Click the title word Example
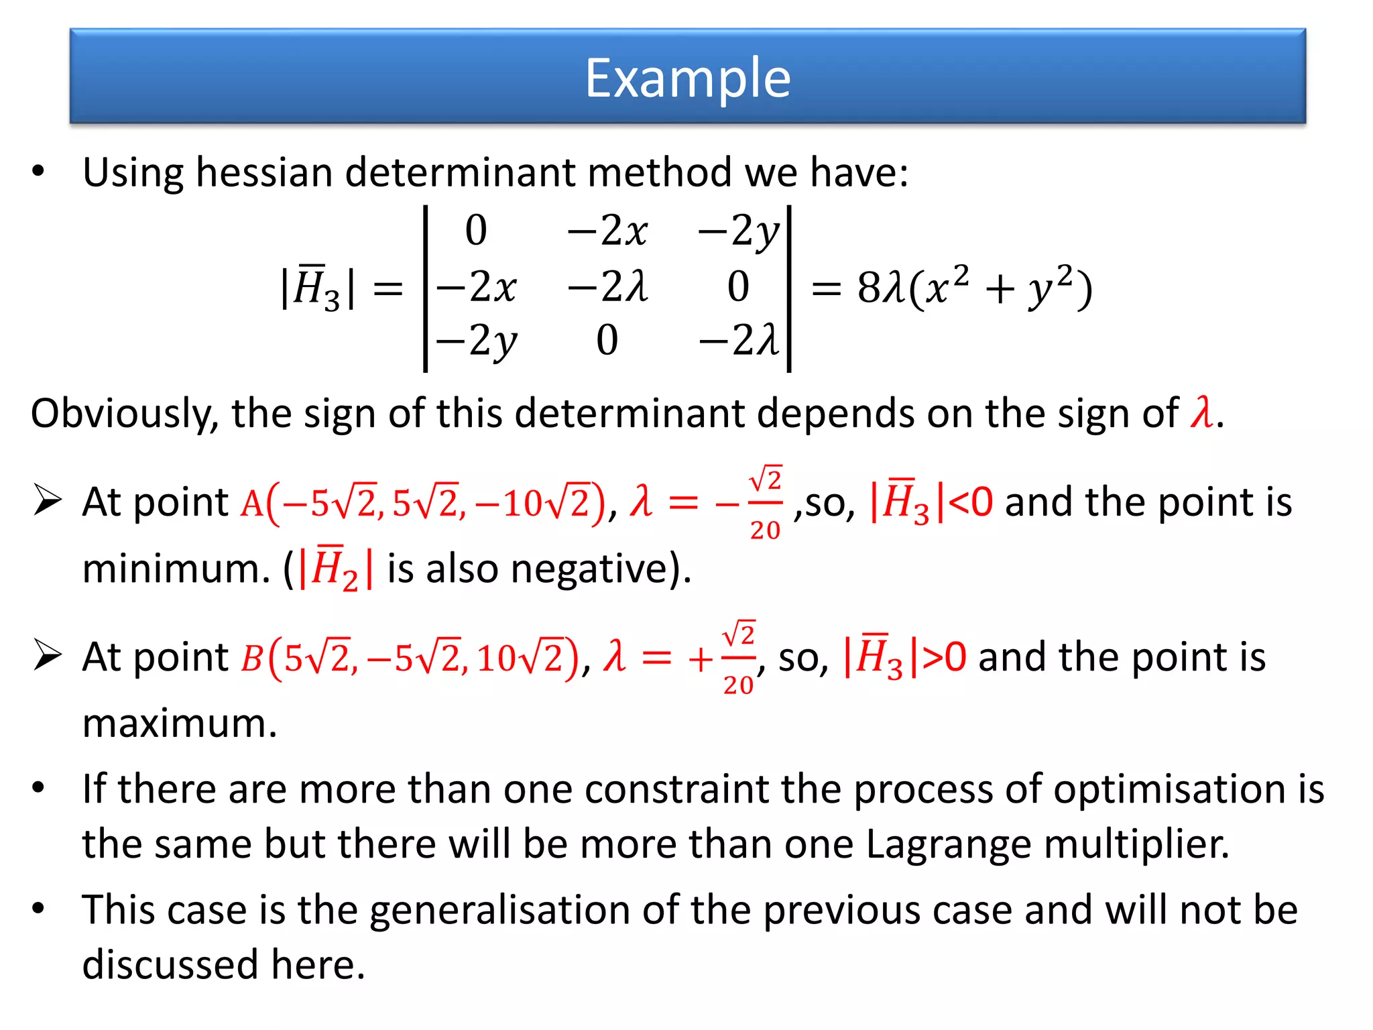pos(688,78)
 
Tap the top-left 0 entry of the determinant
pos(476,231)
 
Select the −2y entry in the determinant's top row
pos(739,232)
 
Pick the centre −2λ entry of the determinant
pos(607,287)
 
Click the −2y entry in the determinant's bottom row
pos(477,341)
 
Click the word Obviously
pos(125,414)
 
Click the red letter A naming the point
pos(252,504)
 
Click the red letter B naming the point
pos(251,659)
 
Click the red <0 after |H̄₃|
pos(971,502)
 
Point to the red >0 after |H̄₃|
pos(945,657)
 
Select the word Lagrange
pos(949,844)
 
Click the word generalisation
pos(499,911)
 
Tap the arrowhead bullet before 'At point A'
pos(48,502)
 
